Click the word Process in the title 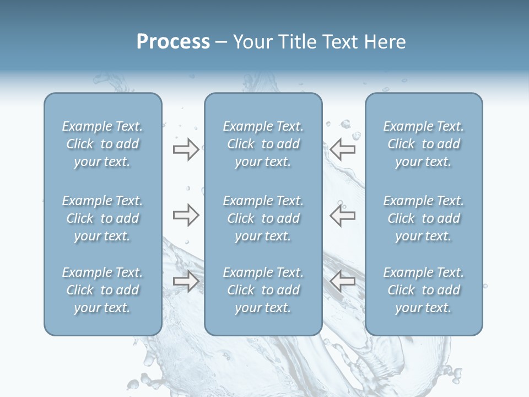coord(173,42)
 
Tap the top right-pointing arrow coord(186,149)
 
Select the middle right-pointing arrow coord(186,215)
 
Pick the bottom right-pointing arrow coord(186,281)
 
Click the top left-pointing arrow coord(343,149)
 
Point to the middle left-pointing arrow coord(343,215)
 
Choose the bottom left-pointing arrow coord(343,281)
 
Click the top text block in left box coord(102,144)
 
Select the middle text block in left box coord(102,218)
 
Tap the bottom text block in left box coord(102,290)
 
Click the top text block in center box coord(263,144)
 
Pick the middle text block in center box coord(263,218)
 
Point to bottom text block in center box coord(263,290)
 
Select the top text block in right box coord(424,144)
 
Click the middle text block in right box coord(424,218)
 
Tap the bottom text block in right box coord(424,290)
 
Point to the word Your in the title coord(251,42)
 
